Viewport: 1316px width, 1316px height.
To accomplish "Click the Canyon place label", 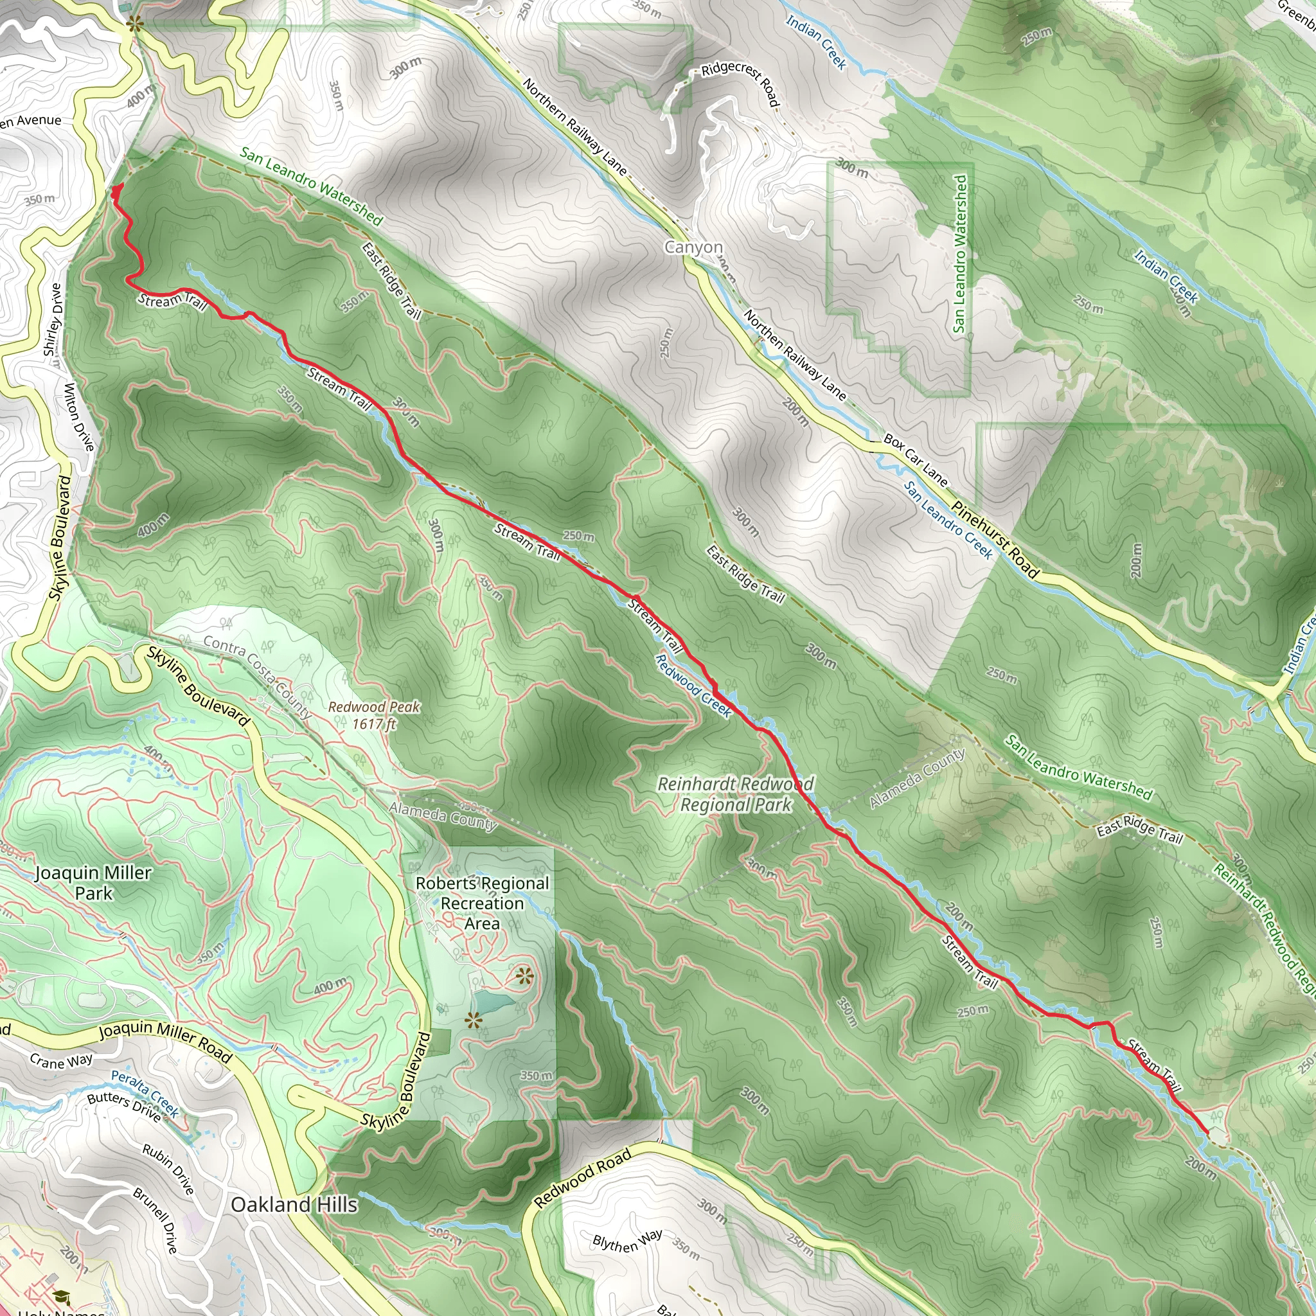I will click(693, 247).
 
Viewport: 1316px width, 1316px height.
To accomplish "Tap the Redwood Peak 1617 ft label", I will click(374, 715).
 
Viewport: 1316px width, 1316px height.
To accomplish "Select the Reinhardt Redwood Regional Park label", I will click(736, 794).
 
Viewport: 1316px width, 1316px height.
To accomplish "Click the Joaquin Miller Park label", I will click(93, 883).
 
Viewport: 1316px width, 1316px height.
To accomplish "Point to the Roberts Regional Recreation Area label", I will click(483, 903).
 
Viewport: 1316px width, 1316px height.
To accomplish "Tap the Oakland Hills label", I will click(294, 1204).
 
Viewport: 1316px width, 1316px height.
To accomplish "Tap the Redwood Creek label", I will click(693, 686).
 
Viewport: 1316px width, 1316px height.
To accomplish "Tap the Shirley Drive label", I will click(53, 320).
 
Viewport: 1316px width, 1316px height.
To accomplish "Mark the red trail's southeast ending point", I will click(1207, 1133).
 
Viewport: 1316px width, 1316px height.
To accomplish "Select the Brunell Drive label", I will click(156, 1221).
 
